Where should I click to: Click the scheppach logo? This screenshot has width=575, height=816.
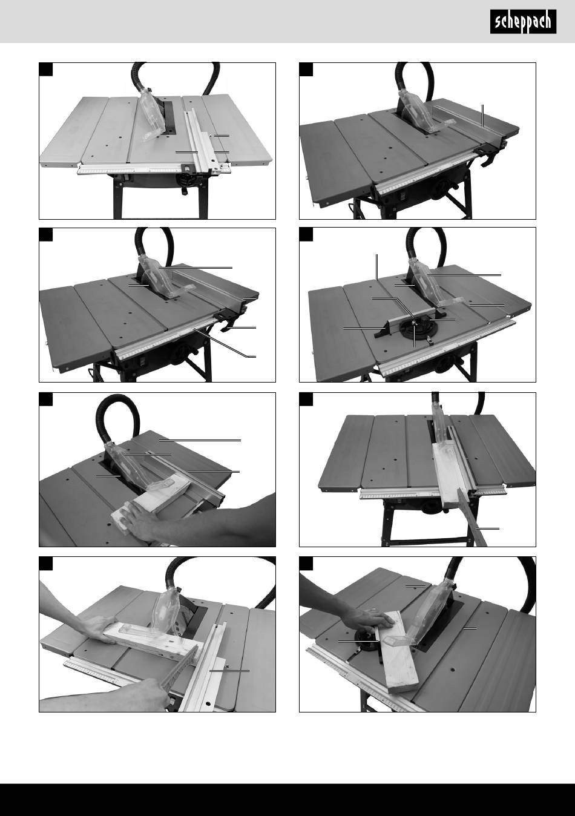coord(523,22)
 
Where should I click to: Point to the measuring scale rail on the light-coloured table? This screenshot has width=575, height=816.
coord(154,169)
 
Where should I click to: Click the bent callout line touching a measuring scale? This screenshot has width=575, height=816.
coord(225,343)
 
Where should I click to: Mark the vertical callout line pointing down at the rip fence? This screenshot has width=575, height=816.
coord(482,116)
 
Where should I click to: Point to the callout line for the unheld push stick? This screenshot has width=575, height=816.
coord(488,528)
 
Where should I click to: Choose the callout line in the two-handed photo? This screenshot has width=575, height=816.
coord(229,671)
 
